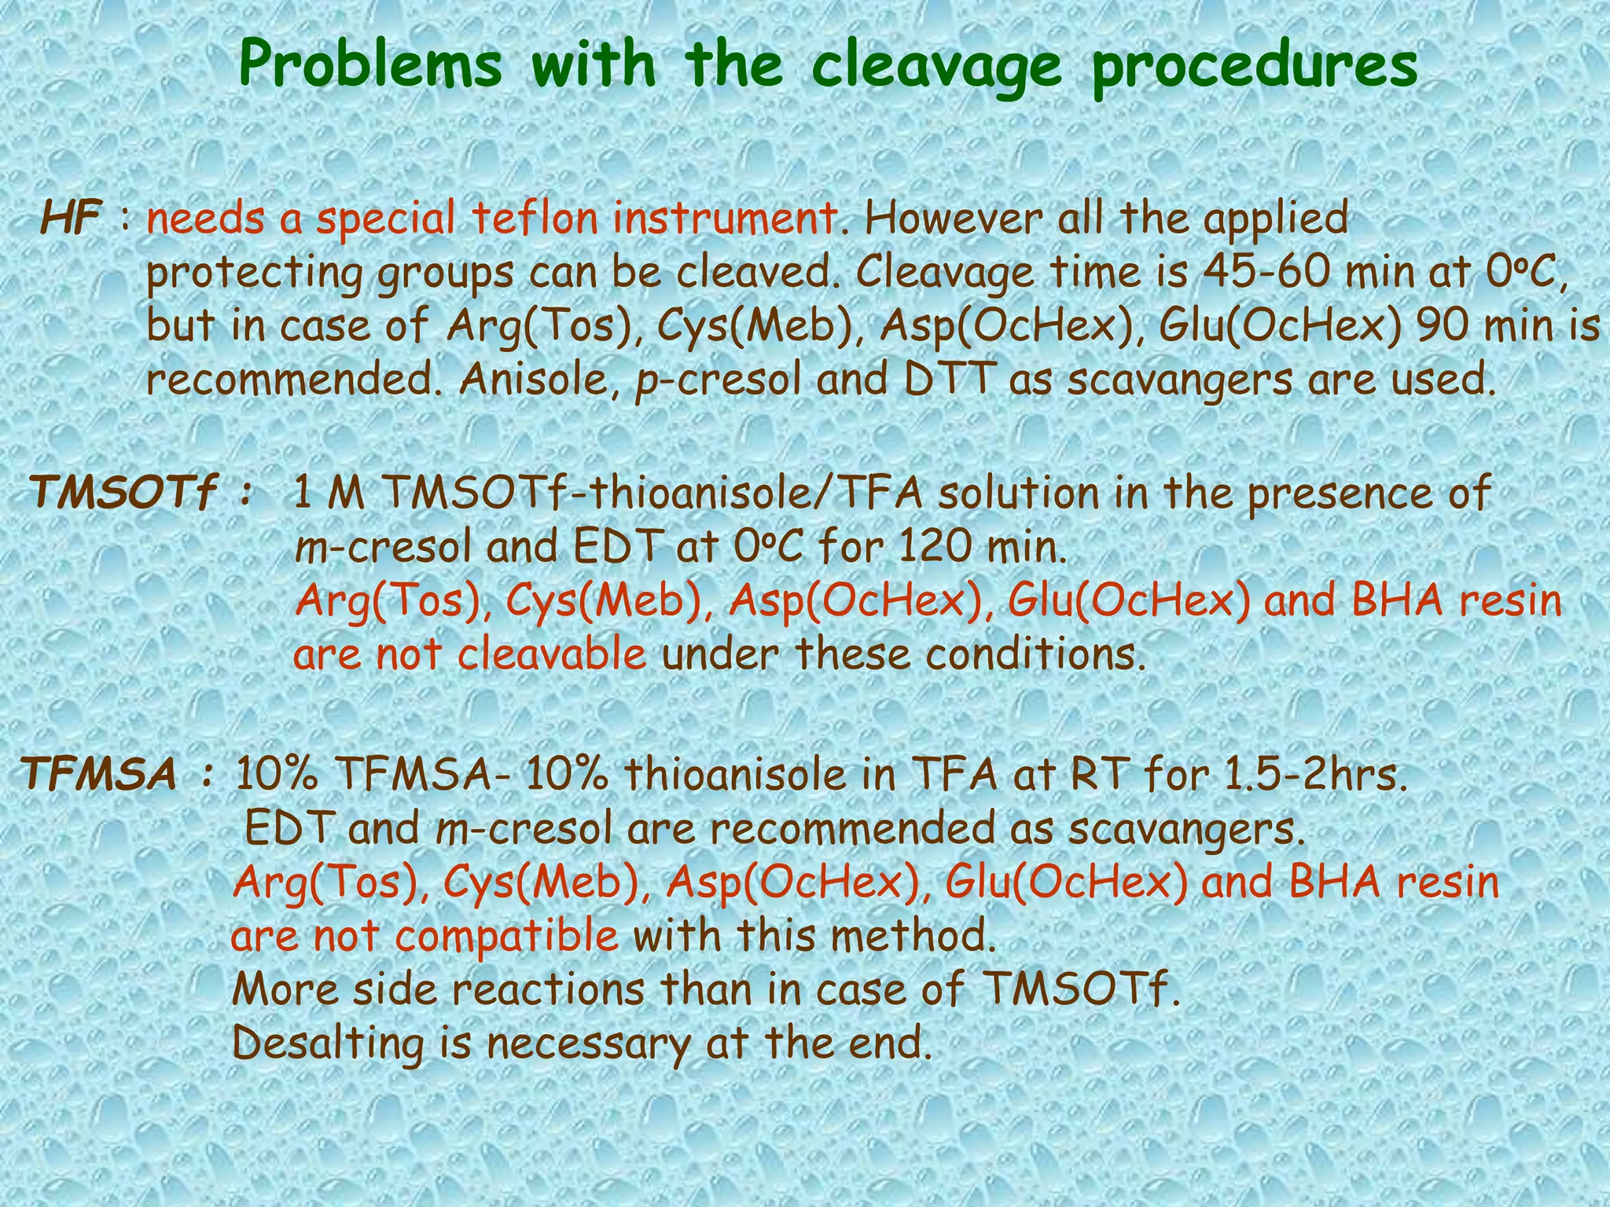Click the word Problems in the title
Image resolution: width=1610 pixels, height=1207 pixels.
[370, 68]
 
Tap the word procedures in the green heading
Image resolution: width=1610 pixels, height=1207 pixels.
[1255, 68]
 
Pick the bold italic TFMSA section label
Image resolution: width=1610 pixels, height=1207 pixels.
[99, 775]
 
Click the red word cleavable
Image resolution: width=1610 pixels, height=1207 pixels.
[552, 654]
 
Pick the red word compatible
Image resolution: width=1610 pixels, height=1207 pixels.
[507, 936]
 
